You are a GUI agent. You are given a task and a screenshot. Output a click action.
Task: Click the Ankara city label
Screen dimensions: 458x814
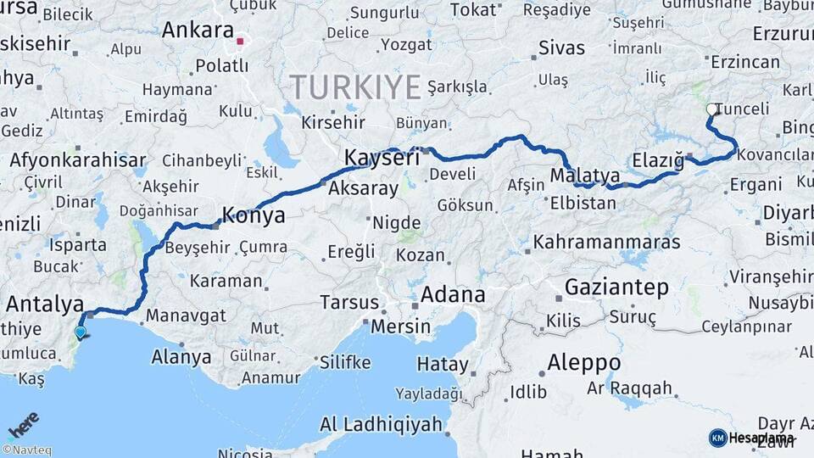coord(198,31)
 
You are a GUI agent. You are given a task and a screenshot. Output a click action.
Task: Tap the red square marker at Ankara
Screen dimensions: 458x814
coord(241,41)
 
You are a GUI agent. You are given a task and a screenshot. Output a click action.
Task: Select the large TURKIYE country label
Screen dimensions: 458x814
coord(355,87)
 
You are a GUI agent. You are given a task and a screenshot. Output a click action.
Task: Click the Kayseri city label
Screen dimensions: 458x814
coord(382,158)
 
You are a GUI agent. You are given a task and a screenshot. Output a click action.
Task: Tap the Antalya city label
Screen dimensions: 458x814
coord(44,304)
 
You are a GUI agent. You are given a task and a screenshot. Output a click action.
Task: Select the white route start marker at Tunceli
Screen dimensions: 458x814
coord(711,109)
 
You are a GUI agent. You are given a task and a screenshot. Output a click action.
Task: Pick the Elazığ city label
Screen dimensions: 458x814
coord(658,160)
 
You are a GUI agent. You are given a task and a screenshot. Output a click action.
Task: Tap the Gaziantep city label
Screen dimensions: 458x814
coord(616,287)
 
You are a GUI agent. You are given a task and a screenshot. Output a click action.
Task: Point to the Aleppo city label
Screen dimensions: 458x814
coord(583,362)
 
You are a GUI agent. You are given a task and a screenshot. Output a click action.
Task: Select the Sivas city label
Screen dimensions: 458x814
coord(562,46)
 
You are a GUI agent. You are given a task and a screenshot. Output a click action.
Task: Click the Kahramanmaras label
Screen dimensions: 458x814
coord(606,242)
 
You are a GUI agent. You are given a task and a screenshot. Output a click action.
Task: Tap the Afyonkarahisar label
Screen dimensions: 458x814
coord(78,160)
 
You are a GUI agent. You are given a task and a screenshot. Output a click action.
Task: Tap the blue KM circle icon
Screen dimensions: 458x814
coord(717,438)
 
